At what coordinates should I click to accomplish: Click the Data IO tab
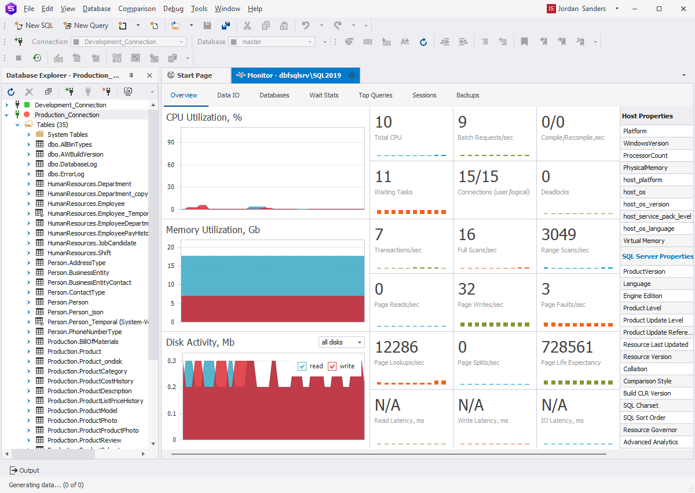click(228, 95)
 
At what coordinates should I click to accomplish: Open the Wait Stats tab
click(324, 95)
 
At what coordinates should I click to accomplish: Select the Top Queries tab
click(375, 95)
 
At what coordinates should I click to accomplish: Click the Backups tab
click(467, 95)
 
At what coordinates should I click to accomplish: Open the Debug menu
click(173, 9)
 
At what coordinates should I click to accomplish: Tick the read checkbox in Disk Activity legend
click(302, 366)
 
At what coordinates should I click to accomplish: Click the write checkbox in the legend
click(332, 366)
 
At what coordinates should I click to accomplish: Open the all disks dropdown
click(342, 342)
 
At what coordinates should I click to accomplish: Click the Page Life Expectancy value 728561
click(567, 347)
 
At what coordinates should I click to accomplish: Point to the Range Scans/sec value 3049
click(558, 234)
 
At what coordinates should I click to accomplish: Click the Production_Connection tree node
click(67, 115)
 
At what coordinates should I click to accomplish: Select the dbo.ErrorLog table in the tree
click(65, 174)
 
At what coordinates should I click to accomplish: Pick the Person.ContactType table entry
click(76, 292)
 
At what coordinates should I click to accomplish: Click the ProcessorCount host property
click(645, 155)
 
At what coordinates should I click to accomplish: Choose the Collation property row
click(635, 369)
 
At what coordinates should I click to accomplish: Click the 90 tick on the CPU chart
click(171, 142)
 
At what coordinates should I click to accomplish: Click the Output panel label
click(29, 470)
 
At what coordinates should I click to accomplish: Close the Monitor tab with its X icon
click(351, 75)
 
